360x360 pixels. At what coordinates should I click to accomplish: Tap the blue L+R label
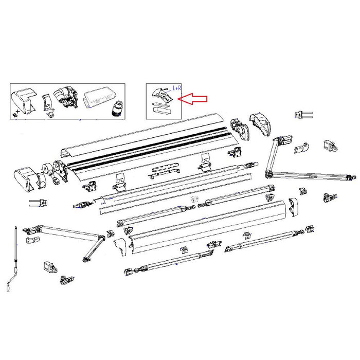coord(176,89)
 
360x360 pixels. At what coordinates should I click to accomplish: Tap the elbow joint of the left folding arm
coord(98,238)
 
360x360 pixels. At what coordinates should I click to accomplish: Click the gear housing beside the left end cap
coord(58,172)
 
